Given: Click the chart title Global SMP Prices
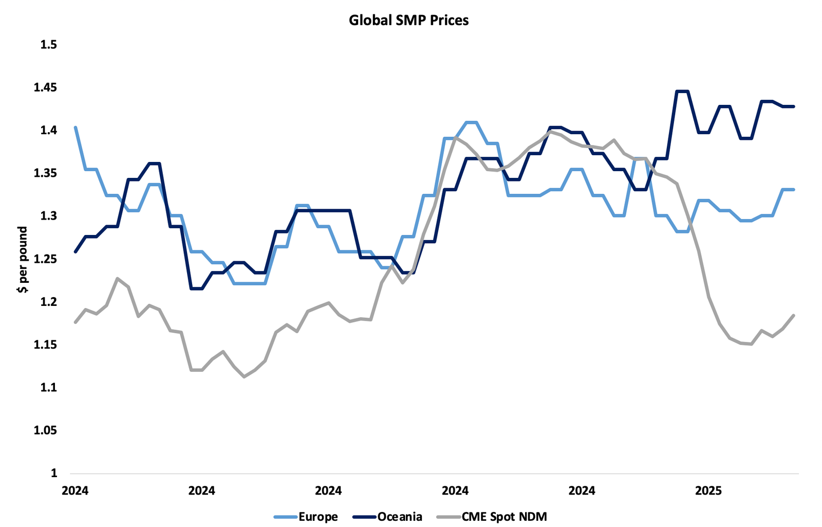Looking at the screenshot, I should pos(408,21).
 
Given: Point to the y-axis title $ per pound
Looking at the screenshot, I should pos(22,259).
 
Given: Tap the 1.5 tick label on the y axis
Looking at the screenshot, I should pos(49,45).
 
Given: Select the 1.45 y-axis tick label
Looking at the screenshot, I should pos(46,88).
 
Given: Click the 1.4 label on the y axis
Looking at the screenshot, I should pos(49,131).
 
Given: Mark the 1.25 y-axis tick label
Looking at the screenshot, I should pos(46,259).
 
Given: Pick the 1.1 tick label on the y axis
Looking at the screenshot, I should pos(49,387).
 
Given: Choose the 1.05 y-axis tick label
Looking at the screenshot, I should pos(46,430).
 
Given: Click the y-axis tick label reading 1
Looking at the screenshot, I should pos(53,473).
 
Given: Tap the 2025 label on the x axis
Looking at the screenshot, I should pos(708,491).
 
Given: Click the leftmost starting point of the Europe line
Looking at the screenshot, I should pos(76,127).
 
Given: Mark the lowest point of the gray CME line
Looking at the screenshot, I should pos(244,377).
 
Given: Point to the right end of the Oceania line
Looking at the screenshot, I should pos(794,106).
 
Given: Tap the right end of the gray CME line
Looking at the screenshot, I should pos(794,315).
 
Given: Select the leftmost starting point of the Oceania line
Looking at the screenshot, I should pos(76,252).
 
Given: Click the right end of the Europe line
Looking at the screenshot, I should pos(794,190).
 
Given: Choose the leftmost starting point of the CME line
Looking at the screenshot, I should pos(76,322).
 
